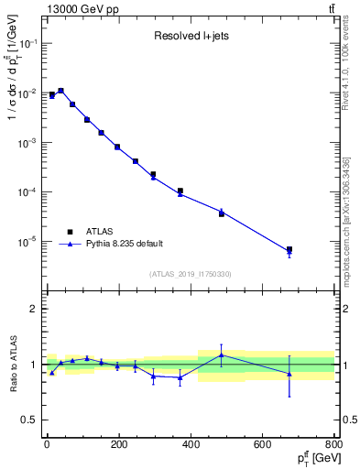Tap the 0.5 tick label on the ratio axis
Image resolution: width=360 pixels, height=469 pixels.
tap(27, 420)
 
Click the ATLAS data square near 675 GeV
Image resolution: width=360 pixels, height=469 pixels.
tap(289, 249)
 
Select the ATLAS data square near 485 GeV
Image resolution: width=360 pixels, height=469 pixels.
tap(222, 213)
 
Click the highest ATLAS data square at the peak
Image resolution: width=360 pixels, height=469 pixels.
tap(60, 92)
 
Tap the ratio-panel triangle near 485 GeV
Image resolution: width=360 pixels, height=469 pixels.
tap(222, 355)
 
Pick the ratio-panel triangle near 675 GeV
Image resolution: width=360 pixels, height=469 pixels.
tap(289, 374)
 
